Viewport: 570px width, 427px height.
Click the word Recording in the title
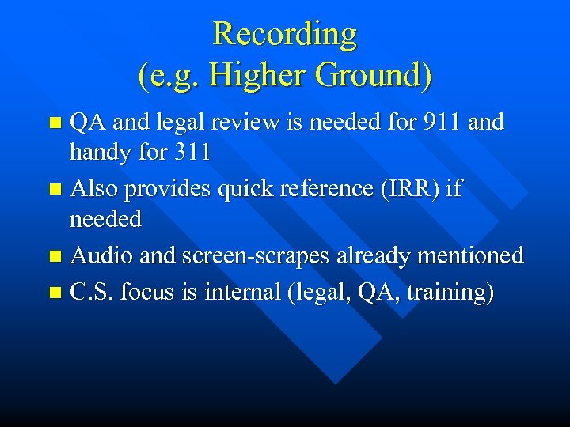tap(285, 34)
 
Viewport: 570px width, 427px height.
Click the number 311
tap(189, 152)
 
